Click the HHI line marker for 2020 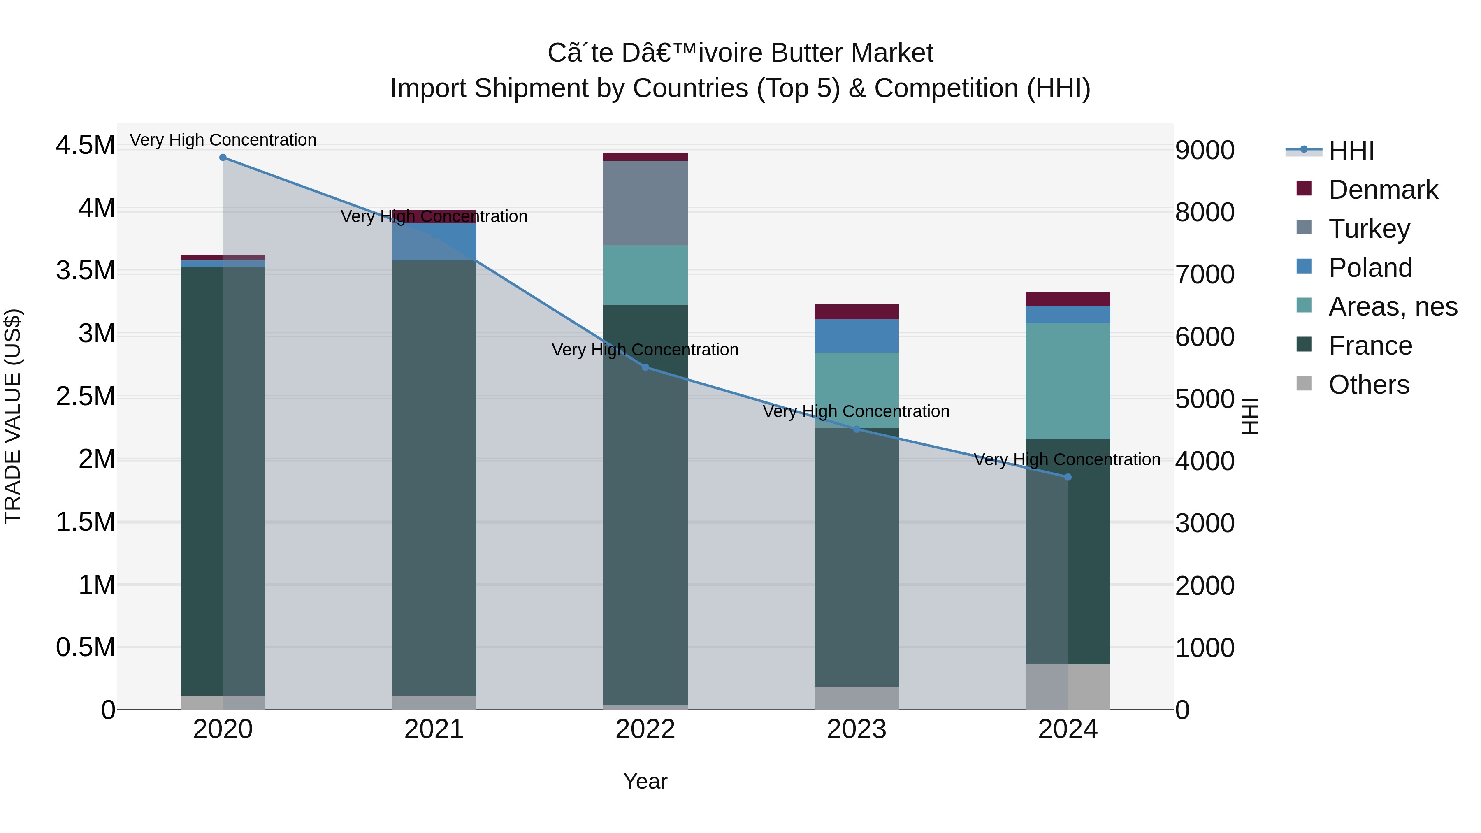coord(223,158)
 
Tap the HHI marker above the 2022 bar coord(645,367)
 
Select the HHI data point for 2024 coord(1068,477)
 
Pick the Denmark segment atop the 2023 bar coord(856,311)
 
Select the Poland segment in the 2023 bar coord(856,336)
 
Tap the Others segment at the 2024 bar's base coord(1068,687)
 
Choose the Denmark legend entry coord(1383,190)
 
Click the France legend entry coord(1370,346)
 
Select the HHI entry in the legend coord(1351,151)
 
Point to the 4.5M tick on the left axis coord(85,145)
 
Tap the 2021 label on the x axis coord(434,729)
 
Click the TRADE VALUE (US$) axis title coord(13,416)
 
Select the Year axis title coord(645,781)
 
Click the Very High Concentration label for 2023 coord(856,412)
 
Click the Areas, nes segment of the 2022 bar coord(645,275)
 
